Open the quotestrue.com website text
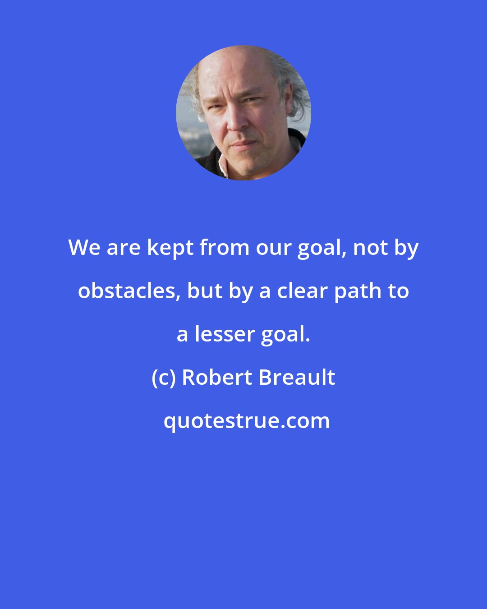pos(246,421)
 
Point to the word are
pos(123,248)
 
